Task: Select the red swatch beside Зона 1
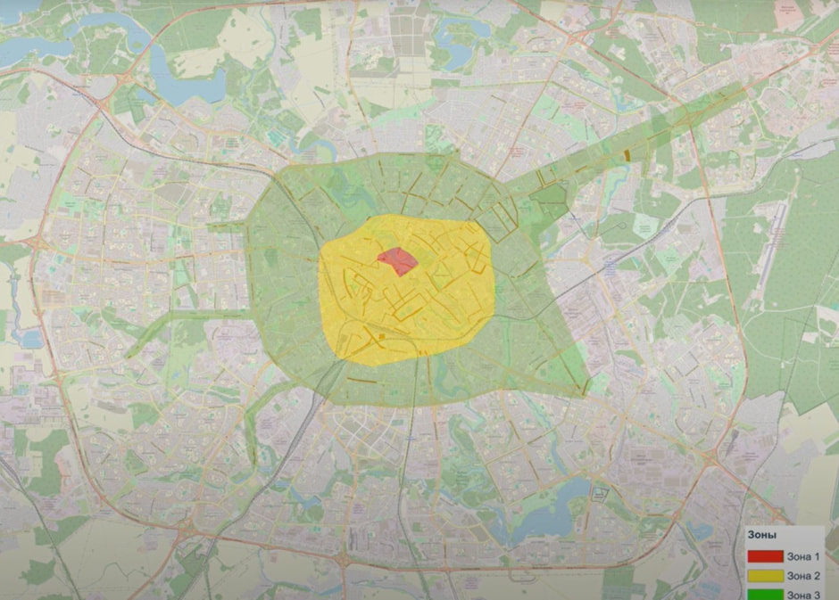[x=765, y=556]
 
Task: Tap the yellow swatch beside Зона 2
[x=765, y=575]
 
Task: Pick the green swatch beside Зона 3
[x=765, y=593]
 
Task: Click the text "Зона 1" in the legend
[x=803, y=556]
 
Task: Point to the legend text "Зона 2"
[x=803, y=575]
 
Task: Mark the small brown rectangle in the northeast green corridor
[x=627, y=154]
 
